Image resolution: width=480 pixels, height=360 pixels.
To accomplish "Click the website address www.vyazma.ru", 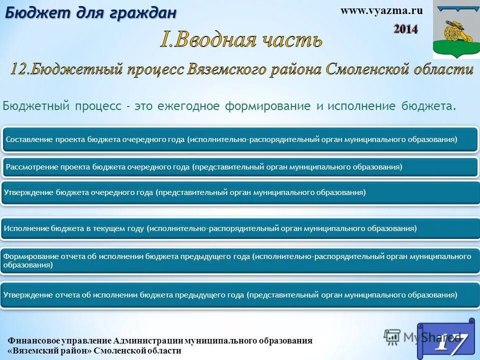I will click(x=381, y=11).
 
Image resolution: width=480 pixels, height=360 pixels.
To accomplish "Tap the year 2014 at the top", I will click(x=405, y=29).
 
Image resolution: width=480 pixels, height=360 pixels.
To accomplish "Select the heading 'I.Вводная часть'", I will click(x=241, y=40).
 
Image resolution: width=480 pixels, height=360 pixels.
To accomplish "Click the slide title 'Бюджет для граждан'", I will click(x=90, y=12).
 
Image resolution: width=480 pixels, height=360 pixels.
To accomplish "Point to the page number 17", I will click(x=448, y=341).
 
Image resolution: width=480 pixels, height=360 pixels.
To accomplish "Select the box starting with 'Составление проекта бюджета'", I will click(x=240, y=139).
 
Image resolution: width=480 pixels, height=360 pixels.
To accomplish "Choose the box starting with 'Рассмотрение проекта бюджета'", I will click(x=240, y=166).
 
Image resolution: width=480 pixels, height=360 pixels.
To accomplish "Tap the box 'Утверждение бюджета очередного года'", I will click(x=240, y=192).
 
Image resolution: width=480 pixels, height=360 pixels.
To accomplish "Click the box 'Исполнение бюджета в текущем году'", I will click(x=240, y=228).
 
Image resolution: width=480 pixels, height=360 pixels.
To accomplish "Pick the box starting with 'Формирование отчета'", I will click(x=240, y=260).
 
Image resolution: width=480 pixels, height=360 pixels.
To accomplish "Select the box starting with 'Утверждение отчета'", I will click(x=240, y=295).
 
